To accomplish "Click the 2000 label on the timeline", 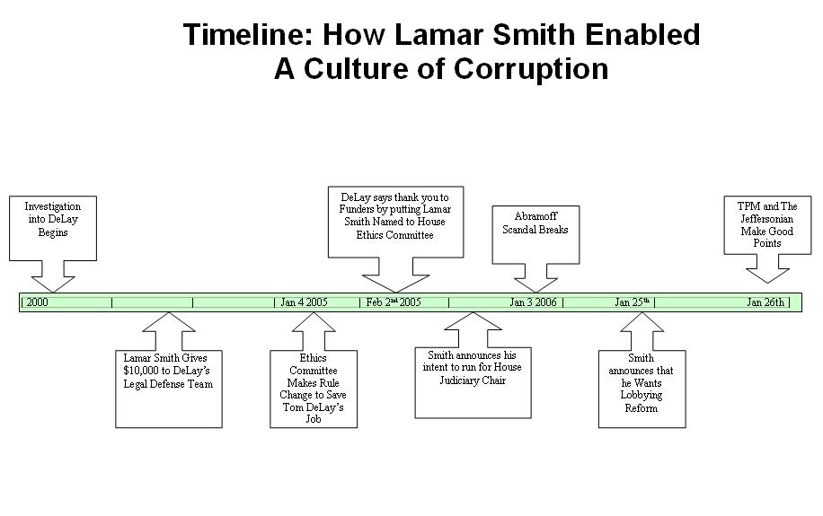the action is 37,302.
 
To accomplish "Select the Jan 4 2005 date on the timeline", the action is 304,302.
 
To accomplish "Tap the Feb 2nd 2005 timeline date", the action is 394,302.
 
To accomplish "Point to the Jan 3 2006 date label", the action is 534,302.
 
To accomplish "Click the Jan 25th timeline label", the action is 633,302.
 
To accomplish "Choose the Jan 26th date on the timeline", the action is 765,302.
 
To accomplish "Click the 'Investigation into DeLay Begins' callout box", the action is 53,228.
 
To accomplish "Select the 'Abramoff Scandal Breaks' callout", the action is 535,234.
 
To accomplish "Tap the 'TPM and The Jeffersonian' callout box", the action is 767,225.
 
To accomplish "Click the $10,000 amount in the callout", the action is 143,371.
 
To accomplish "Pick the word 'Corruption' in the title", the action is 531,69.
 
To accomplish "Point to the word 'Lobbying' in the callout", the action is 642,395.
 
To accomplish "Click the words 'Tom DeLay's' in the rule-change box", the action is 314,407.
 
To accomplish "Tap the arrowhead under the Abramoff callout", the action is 535,292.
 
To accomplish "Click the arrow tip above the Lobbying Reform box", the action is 642,313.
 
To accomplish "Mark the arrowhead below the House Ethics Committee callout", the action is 396,292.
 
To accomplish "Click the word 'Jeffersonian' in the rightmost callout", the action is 766,219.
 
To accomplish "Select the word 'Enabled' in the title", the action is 643,35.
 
